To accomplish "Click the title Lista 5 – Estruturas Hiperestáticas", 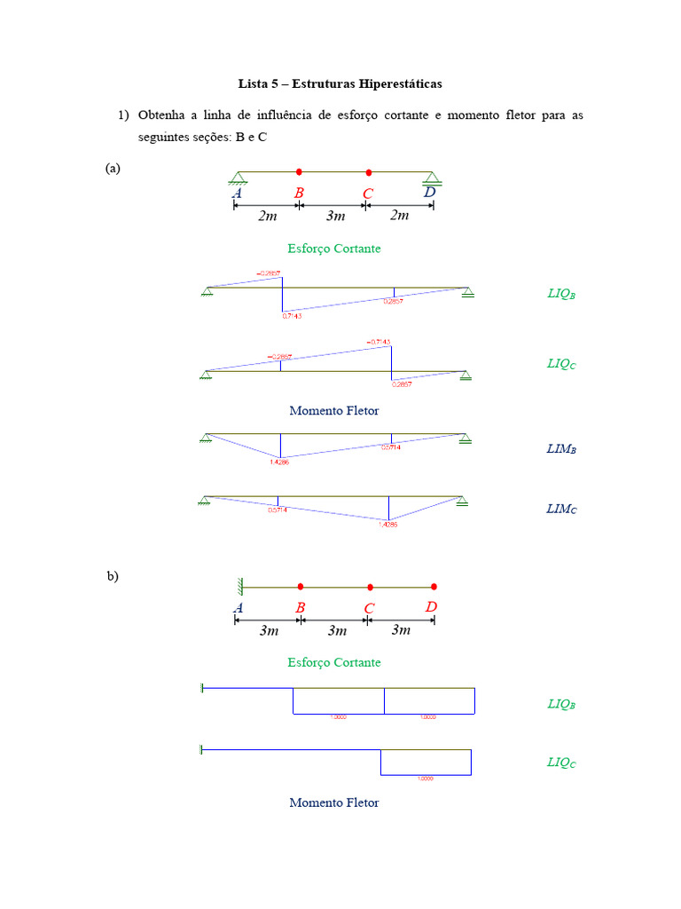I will click(340, 83).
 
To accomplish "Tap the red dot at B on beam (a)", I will click(299, 171).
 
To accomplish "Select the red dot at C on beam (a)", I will click(369, 171).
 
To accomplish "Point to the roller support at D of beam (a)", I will click(432, 179).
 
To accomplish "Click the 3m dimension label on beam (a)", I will click(335, 216).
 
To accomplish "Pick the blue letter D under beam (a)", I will click(429, 193).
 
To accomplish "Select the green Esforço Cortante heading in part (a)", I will click(334, 249).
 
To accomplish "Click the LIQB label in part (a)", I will click(561, 294).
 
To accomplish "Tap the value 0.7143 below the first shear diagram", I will click(292, 315).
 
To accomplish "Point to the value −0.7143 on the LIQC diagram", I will click(378, 342).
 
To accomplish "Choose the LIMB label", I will click(561, 449).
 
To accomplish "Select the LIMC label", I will click(561, 510).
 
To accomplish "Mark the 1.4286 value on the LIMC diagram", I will click(387, 525).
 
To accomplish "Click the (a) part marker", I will click(113, 168).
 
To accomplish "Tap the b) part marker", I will click(113, 576).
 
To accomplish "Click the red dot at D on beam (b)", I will click(434, 587).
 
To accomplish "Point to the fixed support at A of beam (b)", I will click(239, 586).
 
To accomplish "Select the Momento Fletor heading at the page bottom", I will click(333, 802).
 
